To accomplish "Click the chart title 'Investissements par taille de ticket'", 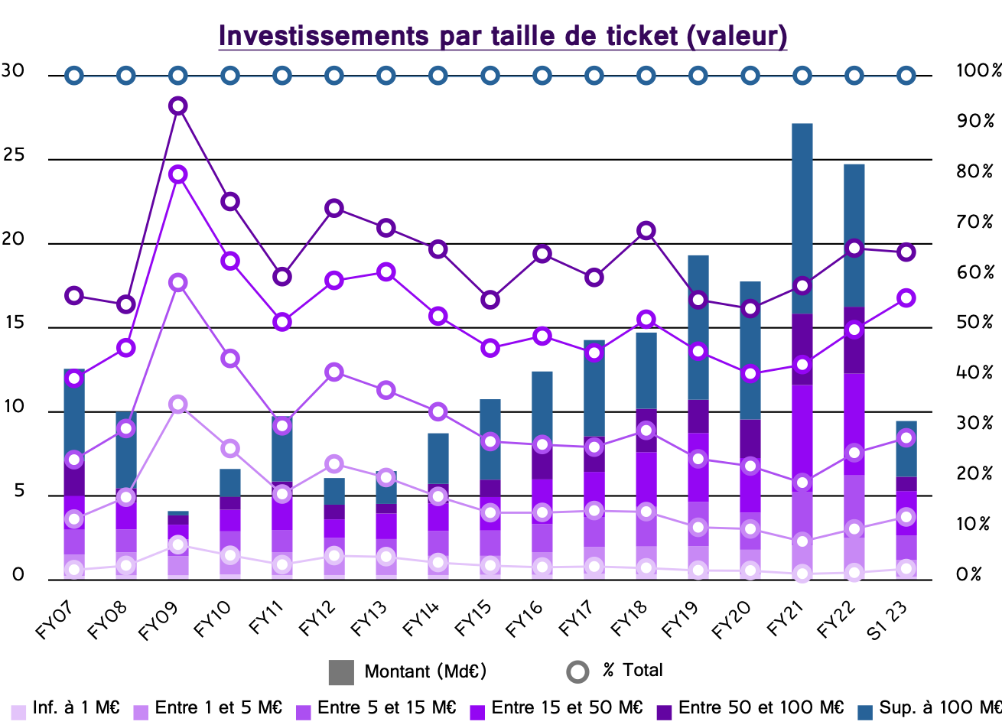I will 503,36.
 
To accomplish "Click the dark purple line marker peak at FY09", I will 178,106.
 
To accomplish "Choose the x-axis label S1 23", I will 887,619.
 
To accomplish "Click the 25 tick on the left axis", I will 14,156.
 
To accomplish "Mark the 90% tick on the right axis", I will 974,121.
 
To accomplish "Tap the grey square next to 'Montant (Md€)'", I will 341,672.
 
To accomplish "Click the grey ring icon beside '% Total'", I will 577,671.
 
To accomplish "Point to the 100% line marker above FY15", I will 490,76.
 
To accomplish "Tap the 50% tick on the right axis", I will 974,323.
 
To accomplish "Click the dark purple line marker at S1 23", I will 906,252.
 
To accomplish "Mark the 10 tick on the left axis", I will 14,408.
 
